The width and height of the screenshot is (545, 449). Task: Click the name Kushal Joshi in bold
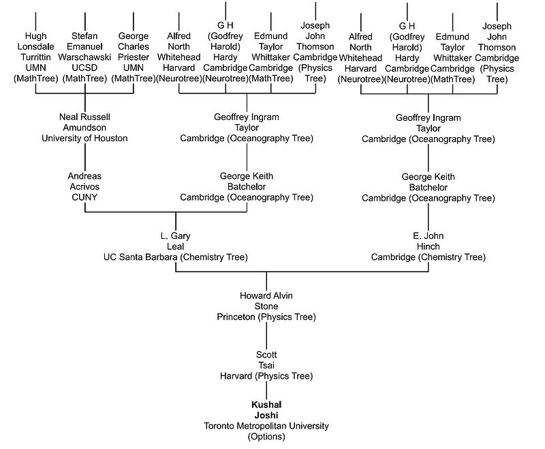[266, 409]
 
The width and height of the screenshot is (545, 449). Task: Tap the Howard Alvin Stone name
[266, 301]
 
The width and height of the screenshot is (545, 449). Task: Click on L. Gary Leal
[176, 241]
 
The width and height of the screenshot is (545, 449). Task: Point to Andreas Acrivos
[84, 181]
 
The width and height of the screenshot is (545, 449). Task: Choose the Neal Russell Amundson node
[84, 122]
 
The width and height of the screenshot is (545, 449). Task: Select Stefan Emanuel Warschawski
[84, 46]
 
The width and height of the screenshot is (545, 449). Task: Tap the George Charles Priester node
[134, 46]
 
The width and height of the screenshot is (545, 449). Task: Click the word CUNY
[84, 197]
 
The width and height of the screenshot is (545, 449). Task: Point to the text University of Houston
[84, 139]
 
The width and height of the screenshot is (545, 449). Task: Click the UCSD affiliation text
[84, 68]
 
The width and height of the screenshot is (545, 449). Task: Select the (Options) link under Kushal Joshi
[266, 437]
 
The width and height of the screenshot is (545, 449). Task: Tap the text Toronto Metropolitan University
[266, 426]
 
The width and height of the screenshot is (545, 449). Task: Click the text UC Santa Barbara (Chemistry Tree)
[176, 257]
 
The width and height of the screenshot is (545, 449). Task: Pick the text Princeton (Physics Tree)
[266, 317]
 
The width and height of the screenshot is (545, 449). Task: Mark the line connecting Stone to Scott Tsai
[266, 336]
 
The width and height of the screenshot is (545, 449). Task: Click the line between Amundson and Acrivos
[85, 157]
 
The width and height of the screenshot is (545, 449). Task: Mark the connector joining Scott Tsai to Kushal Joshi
[266, 390]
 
